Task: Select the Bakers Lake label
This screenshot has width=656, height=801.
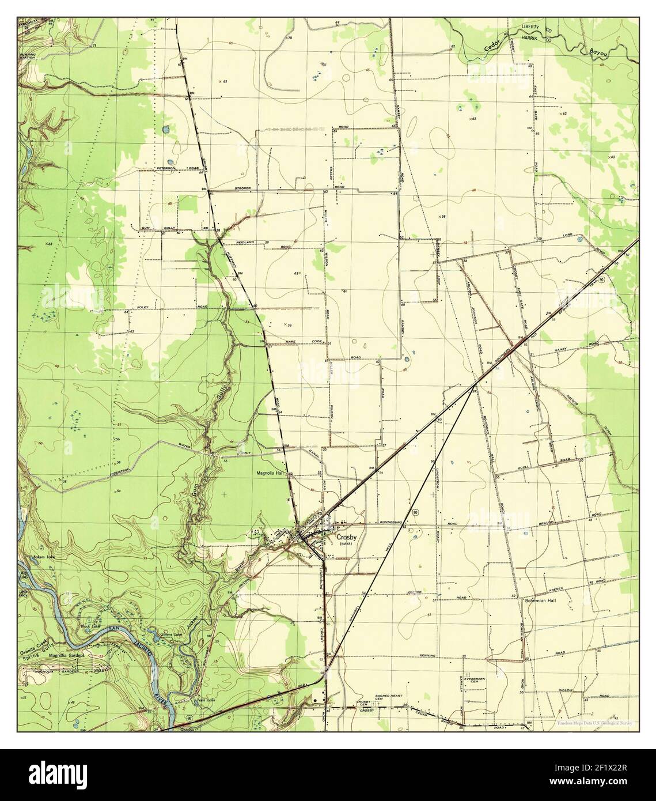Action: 44,557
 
